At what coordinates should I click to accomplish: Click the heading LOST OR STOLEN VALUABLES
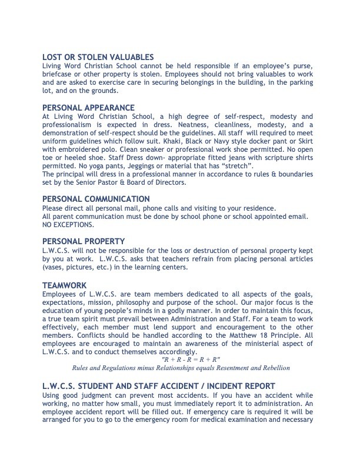[98, 57]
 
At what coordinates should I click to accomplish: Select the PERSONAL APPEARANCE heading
[89, 108]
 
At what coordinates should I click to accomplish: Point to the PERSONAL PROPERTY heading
[84, 241]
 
